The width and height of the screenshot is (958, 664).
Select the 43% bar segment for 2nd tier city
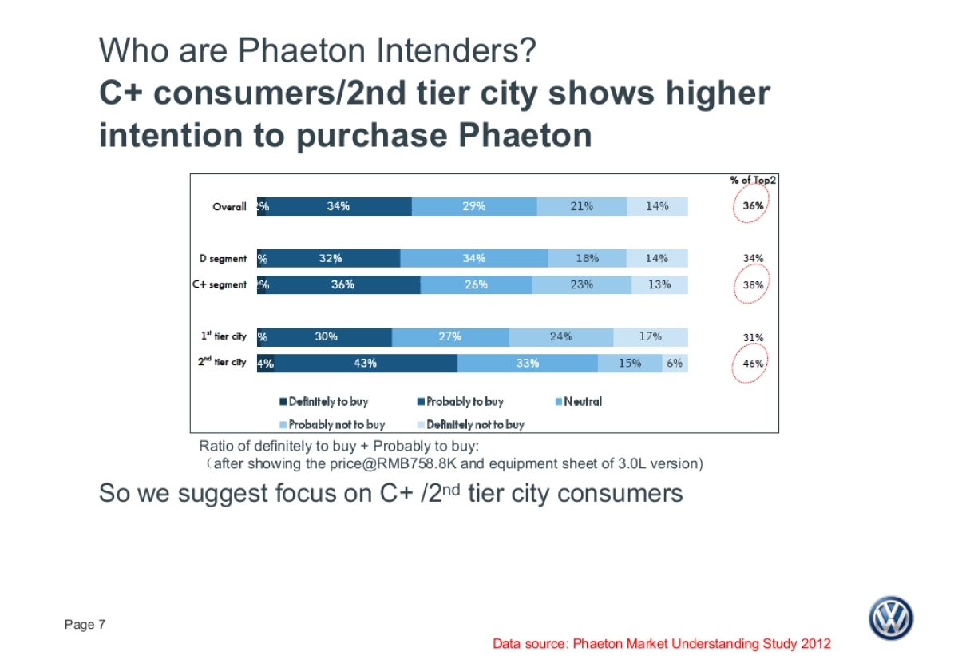coord(366,363)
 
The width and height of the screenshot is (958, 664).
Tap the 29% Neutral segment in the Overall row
coord(474,206)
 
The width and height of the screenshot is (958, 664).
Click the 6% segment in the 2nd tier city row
coord(675,363)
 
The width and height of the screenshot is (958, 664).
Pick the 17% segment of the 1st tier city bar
coord(650,336)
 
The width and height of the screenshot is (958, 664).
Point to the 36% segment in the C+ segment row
coord(342,284)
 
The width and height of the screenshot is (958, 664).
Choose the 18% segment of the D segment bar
coord(587,258)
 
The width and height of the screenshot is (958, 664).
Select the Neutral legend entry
coord(583,401)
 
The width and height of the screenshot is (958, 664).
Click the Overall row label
coord(229,206)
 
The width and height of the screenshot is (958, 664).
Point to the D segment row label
coord(223,258)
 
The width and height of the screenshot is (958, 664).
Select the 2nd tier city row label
coord(222,362)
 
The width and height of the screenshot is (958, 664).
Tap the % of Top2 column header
coord(753,180)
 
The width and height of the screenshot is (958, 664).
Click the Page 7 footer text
coord(85,625)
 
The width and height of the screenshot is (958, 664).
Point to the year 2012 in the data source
coord(814,643)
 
